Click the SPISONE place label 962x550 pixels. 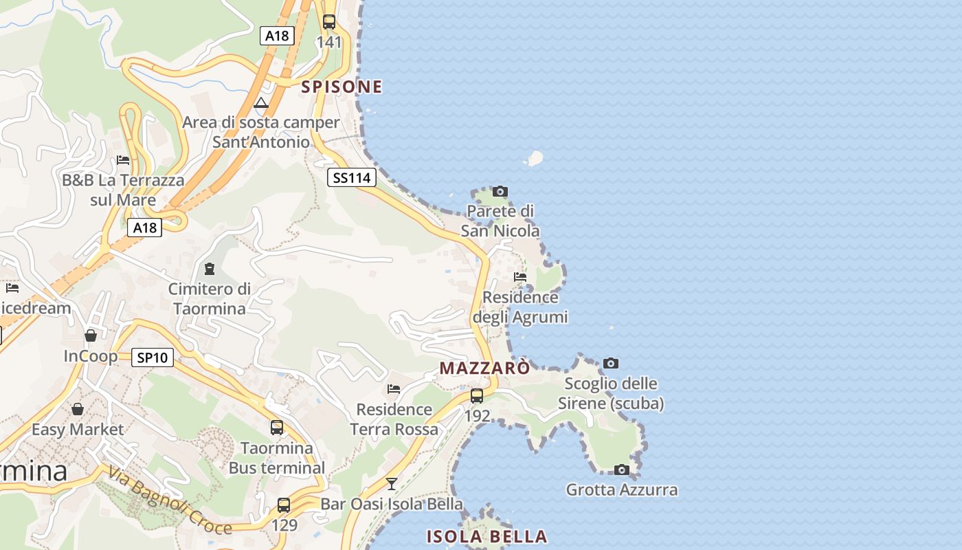coord(342,87)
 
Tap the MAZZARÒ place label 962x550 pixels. coord(484,368)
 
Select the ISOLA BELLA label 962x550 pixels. coord(486,536)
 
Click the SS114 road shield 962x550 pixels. coord(351,178)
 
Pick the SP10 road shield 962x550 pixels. coord(153,357)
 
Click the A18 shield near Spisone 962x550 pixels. coord(277,36)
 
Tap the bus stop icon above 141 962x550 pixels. coord(329,21)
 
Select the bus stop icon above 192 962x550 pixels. coord(476,396)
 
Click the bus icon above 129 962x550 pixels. coord(283,505)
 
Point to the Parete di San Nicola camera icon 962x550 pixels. coord(500,191)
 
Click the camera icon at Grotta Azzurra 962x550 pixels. coord(621,470)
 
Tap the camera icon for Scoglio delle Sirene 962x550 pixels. coord(610,363)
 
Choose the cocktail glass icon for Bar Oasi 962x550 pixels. coord(391,483)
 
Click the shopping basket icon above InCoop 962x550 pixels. coord(90,335)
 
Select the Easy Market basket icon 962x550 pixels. coord(78,409)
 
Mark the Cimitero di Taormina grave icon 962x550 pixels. coord(210,268)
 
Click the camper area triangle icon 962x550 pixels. coord(260,103)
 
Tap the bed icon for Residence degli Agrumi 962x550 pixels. coord(520,277)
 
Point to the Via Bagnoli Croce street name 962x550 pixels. coord(169,500)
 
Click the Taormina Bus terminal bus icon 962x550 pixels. coord(276,428)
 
